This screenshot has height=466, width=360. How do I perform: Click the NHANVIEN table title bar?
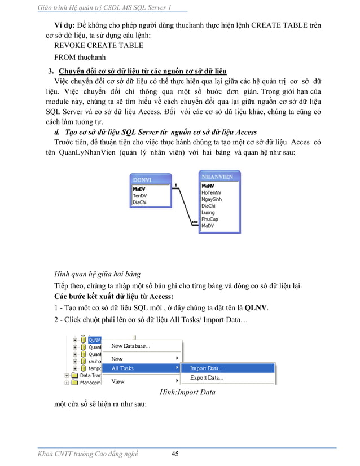pos(219,177)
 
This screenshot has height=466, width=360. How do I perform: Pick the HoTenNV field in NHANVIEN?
pos(212,192)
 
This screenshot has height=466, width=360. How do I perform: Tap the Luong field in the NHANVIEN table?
pos(208,213)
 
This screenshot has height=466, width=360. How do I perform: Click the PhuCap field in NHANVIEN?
pos(210,219)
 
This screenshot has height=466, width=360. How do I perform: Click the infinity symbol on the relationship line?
pos(194,222)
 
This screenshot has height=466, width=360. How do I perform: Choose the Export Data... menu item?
pos(206,377)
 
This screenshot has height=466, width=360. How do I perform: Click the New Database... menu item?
pos(130,346)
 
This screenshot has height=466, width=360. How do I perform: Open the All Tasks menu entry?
pos(122,368)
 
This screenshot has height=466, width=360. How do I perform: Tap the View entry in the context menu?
pos(118,381)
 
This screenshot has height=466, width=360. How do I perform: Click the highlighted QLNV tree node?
pos(95,340)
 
